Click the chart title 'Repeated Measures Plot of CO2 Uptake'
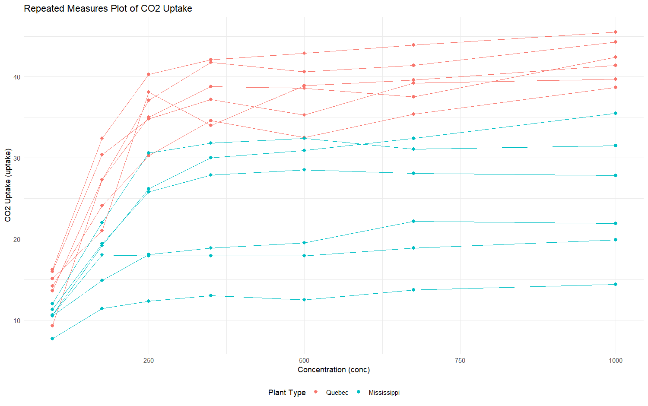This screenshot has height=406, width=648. click(108, 9)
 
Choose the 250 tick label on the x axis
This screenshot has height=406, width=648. click(149, 361)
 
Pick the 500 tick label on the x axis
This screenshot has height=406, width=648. click(304, 361)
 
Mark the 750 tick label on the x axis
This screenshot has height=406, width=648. click(460, 361)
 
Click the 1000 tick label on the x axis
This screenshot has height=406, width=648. click(616, 361)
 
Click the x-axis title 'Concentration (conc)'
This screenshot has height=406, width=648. click(334, 370)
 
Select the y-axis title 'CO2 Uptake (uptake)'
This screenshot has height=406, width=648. click(8, 185)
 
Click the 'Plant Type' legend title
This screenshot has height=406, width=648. click(287, 393)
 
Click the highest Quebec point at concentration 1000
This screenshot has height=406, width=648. click(616, 32)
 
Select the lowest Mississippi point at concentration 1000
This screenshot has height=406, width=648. click(616, 284)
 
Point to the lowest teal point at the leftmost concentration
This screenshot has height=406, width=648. click(52, 339)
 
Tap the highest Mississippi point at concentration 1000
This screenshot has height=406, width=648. click(616, 113)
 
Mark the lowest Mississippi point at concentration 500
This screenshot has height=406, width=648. click(304, 300)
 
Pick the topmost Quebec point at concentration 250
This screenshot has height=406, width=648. click(149, 74)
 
